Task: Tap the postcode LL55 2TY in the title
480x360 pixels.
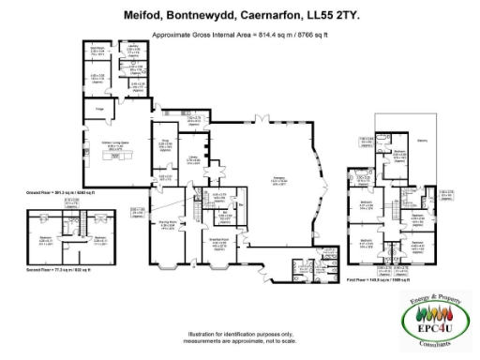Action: click(337, 15)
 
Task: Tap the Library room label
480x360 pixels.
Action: click(192, 157)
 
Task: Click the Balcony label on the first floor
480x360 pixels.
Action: click(422, 142)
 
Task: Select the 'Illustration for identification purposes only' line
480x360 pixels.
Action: click(239, 333)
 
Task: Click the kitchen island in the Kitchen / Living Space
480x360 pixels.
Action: click(116, 158)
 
